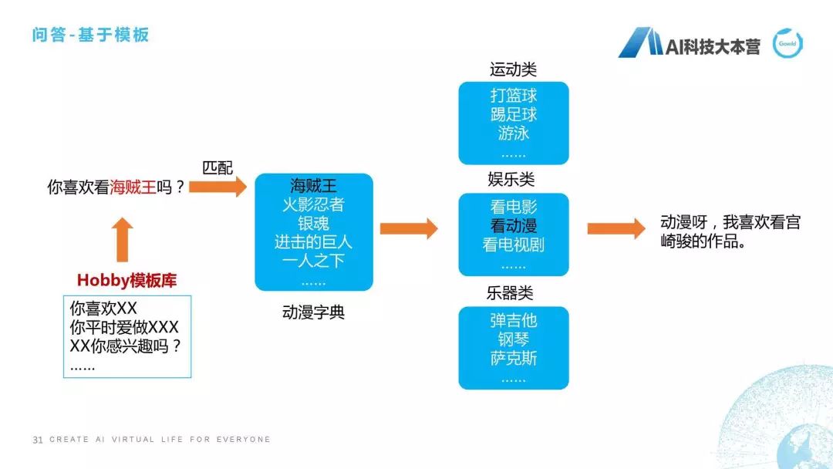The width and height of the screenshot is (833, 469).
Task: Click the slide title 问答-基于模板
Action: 90,35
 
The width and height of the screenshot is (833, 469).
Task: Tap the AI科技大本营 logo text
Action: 713,46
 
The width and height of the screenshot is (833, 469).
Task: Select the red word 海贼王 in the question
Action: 133,187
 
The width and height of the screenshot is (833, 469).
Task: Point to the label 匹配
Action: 217,167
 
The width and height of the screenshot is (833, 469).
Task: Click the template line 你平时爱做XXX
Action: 124,327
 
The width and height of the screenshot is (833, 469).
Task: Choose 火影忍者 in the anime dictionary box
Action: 313,204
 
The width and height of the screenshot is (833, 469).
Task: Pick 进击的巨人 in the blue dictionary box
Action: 313,241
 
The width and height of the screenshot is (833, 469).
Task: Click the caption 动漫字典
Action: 313,312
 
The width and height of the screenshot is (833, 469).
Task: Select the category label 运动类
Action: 513,69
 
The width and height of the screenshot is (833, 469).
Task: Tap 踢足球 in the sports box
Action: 513,114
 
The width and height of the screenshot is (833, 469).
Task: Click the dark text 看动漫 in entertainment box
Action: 513,226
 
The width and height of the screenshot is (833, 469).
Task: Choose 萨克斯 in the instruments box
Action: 513,358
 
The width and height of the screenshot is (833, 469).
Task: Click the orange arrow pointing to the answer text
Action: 615,229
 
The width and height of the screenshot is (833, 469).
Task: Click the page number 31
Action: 38,440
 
